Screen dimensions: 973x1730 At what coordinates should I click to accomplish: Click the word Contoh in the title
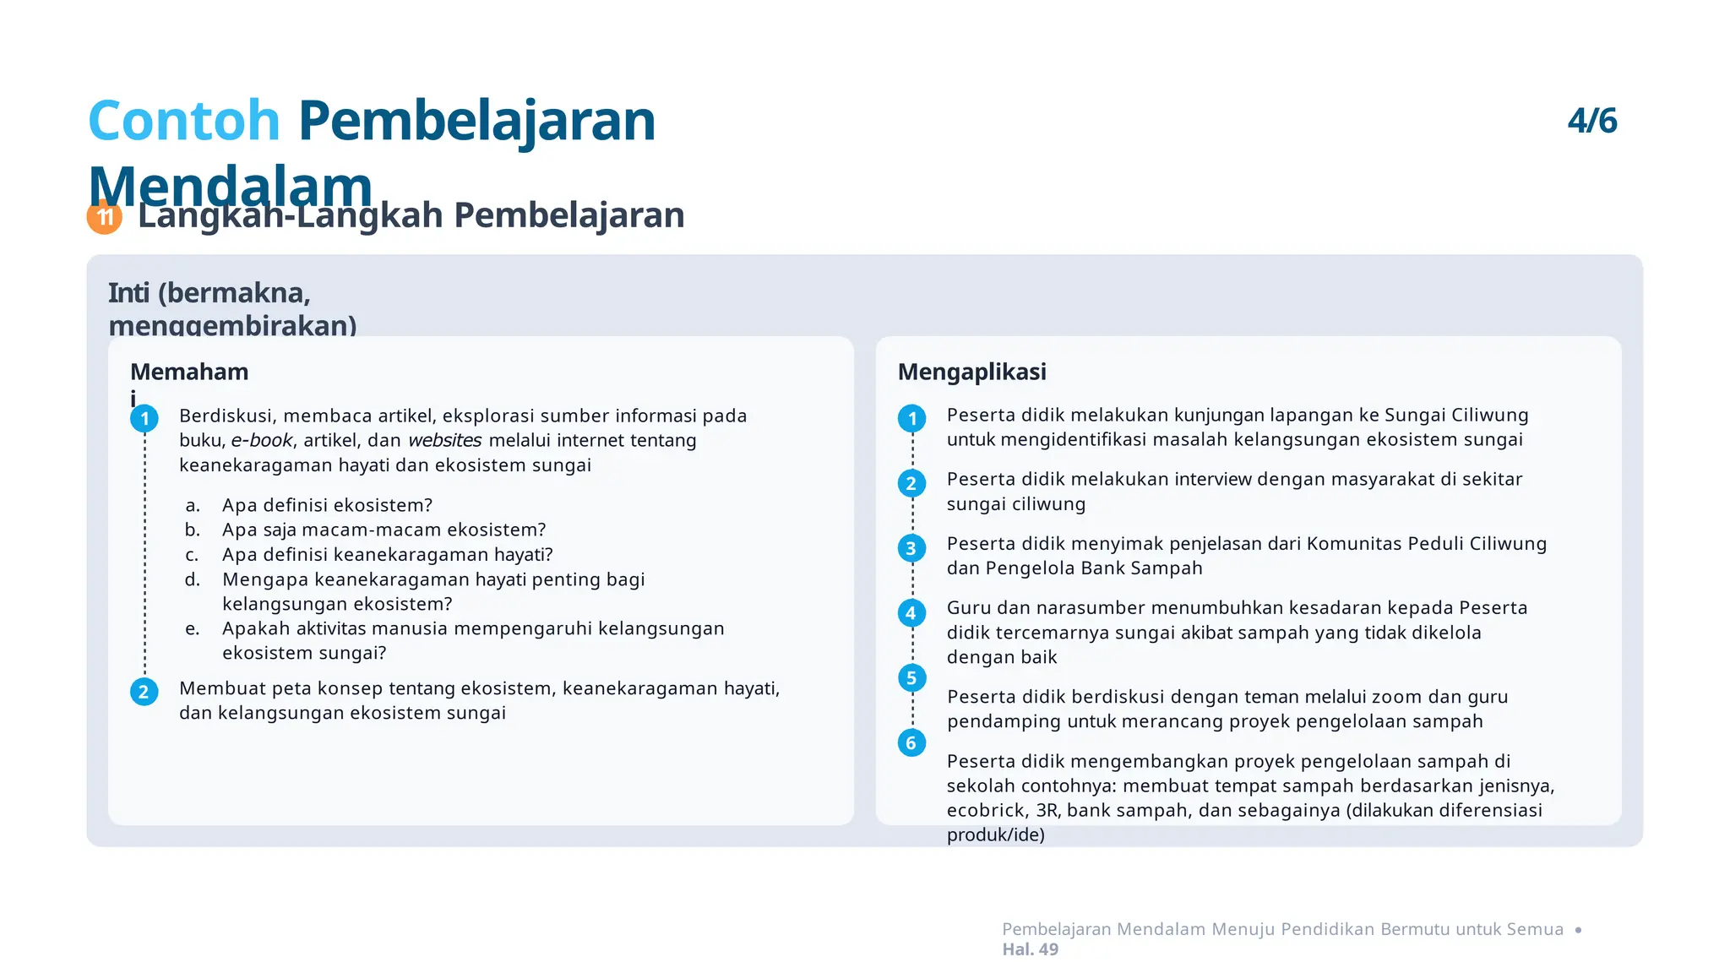click(183, 121)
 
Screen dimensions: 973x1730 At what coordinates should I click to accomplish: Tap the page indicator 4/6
click(1591, 121)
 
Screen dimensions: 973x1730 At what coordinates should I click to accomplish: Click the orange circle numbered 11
click(105, 217)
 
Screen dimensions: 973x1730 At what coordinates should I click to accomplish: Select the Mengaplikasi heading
click(971, 372)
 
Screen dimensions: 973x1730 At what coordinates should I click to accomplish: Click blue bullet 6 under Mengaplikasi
click(911, 743)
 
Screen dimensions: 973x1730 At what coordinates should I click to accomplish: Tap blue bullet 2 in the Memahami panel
click(144, 693)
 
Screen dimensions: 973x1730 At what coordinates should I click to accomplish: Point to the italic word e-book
click(262, 441)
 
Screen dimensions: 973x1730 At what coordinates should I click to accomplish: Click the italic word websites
click(444, 441)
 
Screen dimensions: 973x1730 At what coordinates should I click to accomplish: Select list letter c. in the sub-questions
click(193, 555)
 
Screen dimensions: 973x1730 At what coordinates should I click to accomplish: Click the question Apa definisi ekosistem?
click(327, 505)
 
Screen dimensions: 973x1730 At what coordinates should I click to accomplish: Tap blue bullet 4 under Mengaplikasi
click(911, 613)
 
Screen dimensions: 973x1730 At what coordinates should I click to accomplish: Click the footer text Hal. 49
click(1030, 949)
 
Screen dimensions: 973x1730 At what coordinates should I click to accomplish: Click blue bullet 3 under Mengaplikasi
click(911, 548)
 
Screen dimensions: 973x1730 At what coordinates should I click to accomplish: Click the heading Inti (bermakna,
click(209, 293)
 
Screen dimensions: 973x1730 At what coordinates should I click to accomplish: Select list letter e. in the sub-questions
click(193, 629)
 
